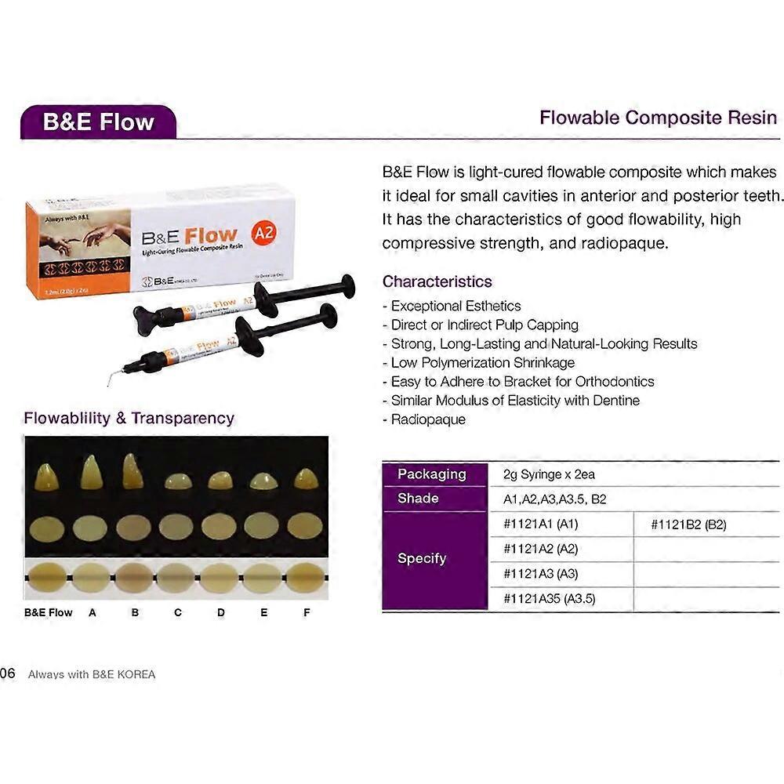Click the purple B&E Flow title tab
(98, 122)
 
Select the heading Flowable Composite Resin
(658, 118)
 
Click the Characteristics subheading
(437, 281)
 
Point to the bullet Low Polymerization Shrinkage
(482, 362)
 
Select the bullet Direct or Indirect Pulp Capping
(484, 325)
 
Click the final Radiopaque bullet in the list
(427, 419)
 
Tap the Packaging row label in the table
(431, 474)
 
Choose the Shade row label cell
(418, 499)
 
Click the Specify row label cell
(422, 559)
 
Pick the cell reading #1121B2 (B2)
(688, 524)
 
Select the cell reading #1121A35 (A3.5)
(549, 599)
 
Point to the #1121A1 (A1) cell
(540, 524)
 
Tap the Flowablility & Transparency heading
(129, 418)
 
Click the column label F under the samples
(307, 612)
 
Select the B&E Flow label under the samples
(49, 612)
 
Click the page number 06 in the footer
(8, 673)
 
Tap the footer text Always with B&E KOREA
(91, 674)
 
